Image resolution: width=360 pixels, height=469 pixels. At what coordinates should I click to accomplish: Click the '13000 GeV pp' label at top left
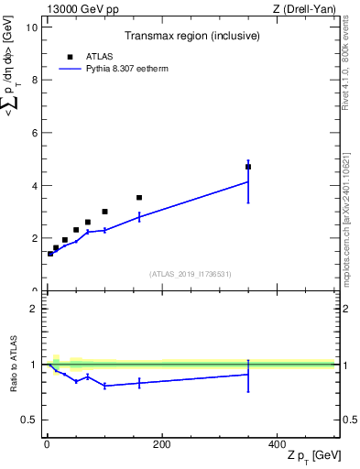point(82,9)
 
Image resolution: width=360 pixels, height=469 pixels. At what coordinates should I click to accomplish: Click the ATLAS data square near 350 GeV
point(248,167)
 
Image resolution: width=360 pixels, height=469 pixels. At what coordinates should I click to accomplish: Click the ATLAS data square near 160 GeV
point(139,197)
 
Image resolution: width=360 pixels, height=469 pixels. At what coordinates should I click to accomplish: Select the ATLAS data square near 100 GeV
point(104,212)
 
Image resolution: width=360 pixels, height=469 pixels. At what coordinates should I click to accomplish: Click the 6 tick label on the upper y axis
point(34,133)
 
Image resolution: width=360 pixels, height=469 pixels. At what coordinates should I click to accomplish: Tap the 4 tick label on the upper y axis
point(34,185)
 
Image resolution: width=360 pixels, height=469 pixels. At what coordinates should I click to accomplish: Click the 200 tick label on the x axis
point(161,444)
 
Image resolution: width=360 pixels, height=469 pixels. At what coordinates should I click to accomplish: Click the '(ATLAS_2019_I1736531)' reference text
point(191,274)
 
